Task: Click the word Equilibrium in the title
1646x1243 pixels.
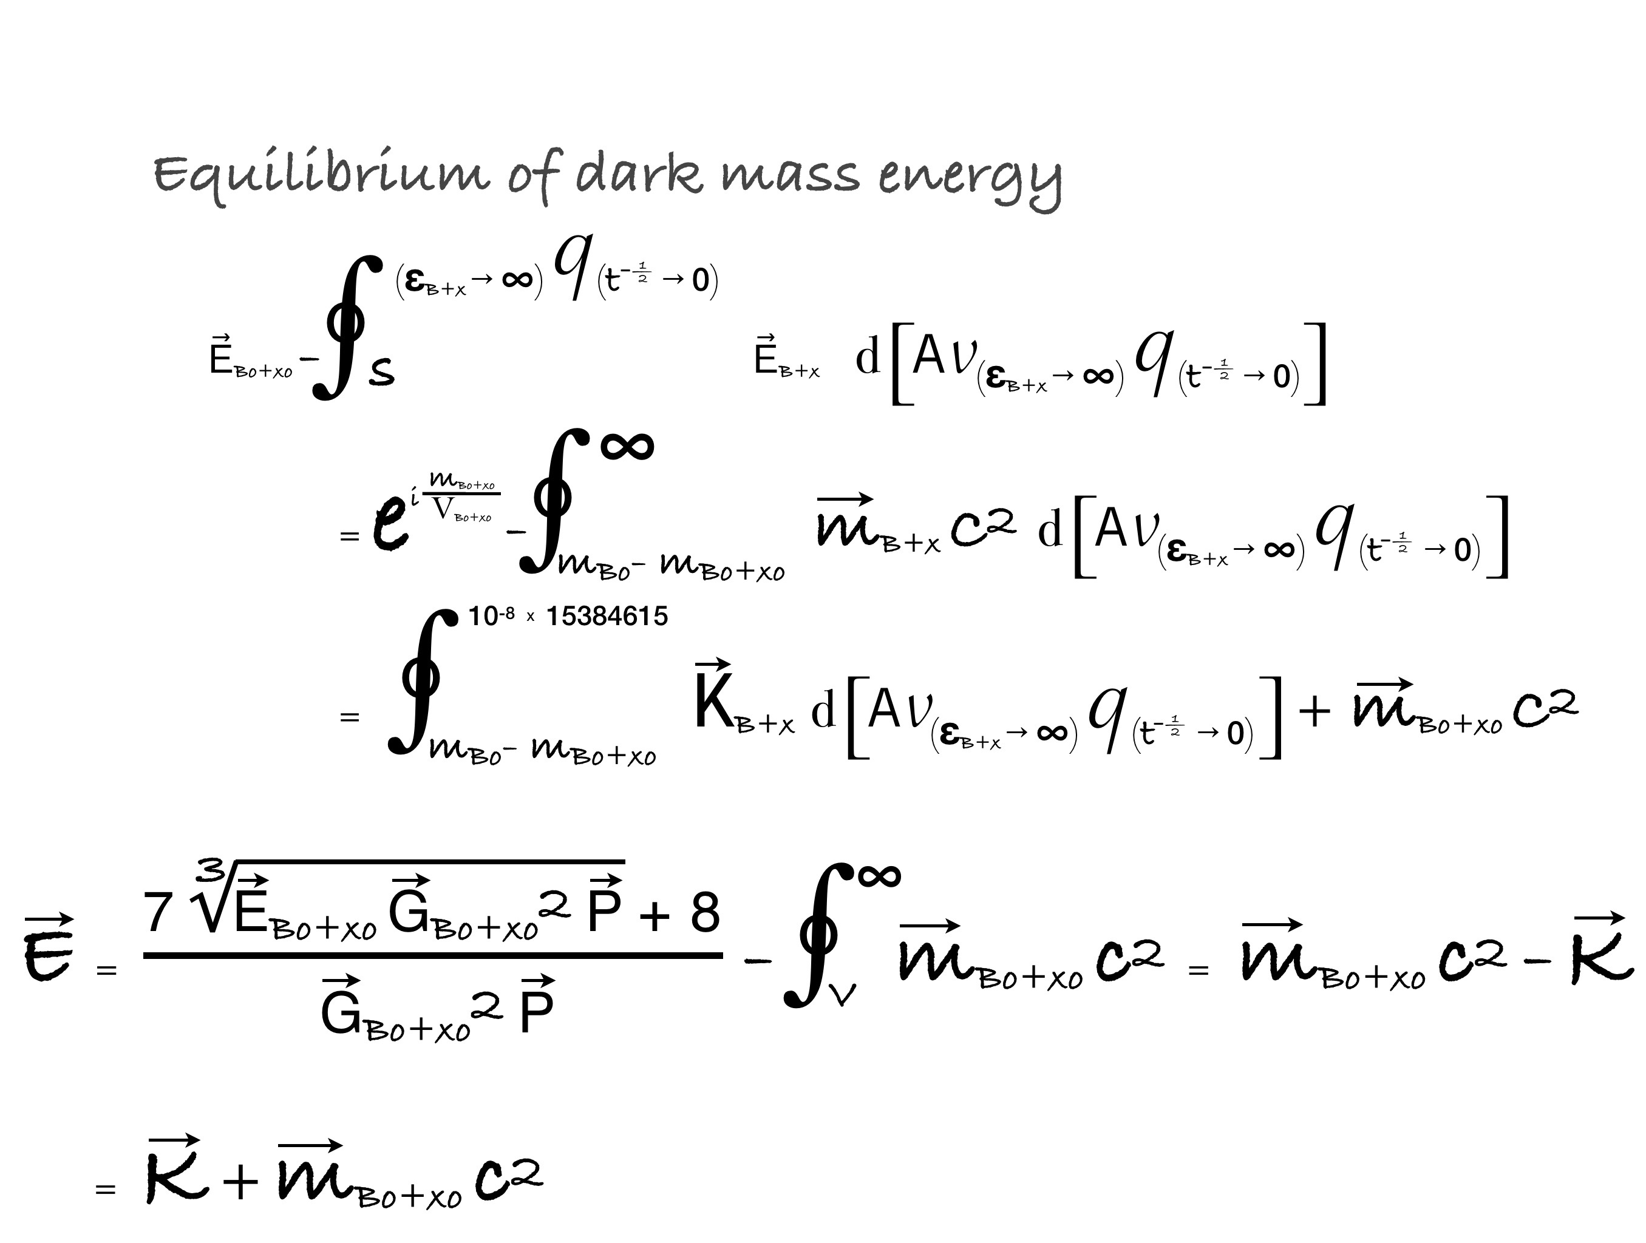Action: click(x=321, y=175)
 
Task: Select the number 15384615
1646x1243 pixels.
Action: click(x=607, y=616)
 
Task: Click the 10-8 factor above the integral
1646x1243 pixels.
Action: click(x=491, y=616)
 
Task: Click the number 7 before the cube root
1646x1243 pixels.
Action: click(x=158, y=913)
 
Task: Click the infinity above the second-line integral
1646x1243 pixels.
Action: click(x=627, y=446)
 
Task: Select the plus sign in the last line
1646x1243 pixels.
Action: click(x=240, y=1180)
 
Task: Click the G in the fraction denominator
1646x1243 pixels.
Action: click(x=341, y=1012)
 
